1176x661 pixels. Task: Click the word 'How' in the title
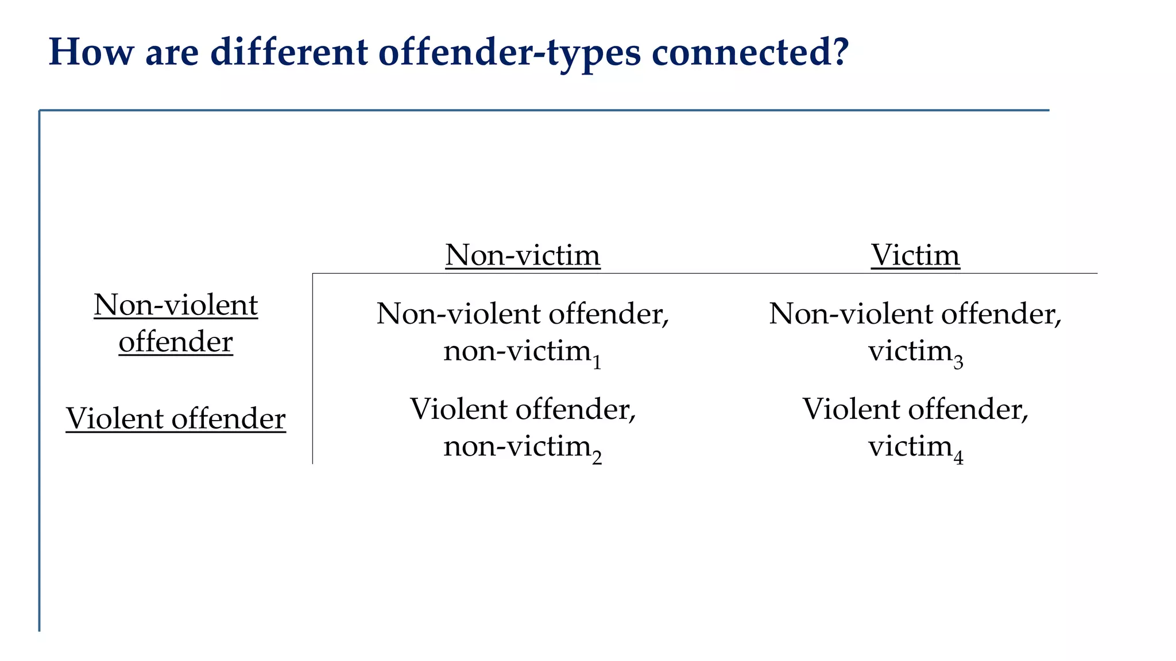(x=91, y=52)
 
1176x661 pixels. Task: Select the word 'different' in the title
(x=289, y=52)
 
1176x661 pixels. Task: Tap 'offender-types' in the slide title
(x=509, y=53)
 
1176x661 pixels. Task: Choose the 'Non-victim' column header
(x=523, y=255)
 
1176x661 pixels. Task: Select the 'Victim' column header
(x=915, y=255)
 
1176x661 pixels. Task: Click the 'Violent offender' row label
(x=176, y=418)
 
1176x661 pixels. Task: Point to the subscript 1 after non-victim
(x=597, y=363)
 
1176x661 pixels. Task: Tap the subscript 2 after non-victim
(x=597, y=458)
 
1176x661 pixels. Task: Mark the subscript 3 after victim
(x=958, y=363)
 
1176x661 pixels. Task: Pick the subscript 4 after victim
(x=958, y=458)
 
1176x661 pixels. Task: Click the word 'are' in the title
(x=172, y=52)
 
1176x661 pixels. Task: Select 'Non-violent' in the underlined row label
(x=176, y=305)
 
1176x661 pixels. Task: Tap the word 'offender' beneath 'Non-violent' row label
(x=176, y=342)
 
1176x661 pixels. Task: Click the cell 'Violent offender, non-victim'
(x=523, y=427)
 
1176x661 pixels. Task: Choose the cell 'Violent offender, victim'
(x=915, y=427)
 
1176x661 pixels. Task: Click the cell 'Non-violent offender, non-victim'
(x=523, y=332)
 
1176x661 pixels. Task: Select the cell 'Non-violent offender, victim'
(x=915, y=332)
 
